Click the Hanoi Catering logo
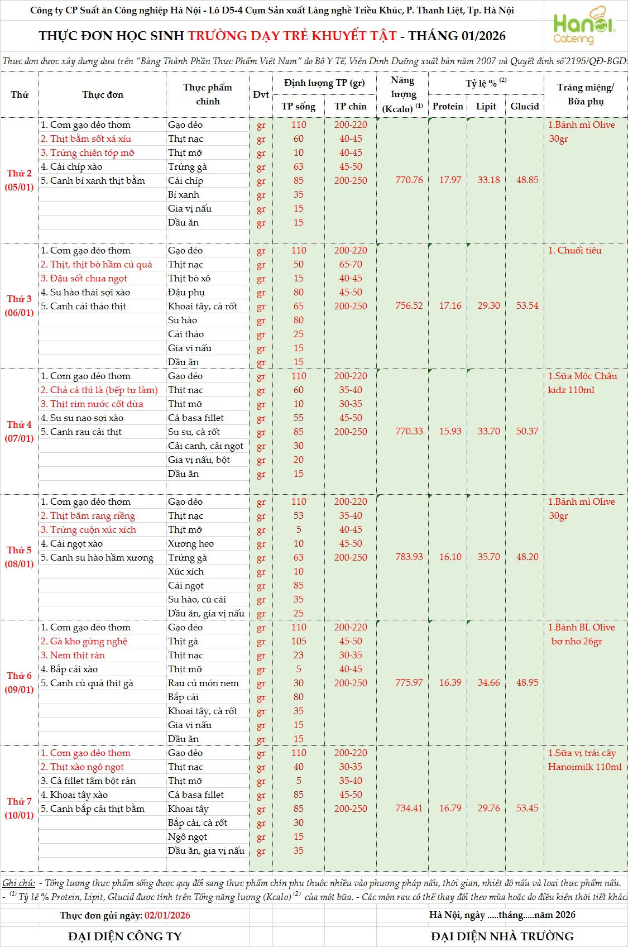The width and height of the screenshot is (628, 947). tap(583, 26)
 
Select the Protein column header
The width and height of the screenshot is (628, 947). tap(448, 106)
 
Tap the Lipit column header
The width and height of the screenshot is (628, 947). tap(486, 106)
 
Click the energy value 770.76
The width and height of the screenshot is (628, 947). tap(409, 180)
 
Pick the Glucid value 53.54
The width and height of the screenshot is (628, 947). tap(527, 305)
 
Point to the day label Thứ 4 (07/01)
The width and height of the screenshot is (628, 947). tap(20, 431)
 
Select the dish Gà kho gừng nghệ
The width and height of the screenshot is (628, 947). tap(89, 641)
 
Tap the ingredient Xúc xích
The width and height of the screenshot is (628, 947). tap(186, 571)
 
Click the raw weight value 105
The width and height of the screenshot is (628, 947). tap(299, 641)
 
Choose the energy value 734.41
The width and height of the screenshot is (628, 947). tap(409, 808)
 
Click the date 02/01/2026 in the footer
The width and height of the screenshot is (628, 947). tap(167, 915)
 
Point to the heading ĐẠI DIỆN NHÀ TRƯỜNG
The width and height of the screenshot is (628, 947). tap(502, 936)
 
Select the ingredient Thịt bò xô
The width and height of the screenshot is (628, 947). tap(189, 278)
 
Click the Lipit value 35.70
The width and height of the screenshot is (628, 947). tap(488, 557)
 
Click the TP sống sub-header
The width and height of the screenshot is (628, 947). tap(298, 106)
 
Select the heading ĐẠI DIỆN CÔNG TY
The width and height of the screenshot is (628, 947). tap(125, 936)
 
